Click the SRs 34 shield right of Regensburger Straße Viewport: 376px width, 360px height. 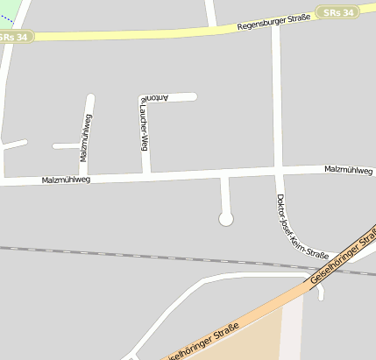click(x=338, y=12)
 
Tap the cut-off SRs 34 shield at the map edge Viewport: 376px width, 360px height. click(x=15, y=37)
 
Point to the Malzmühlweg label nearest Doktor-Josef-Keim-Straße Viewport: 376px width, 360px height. click(x=349, y=169)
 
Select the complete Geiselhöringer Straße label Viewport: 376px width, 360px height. click(x=342, y=258)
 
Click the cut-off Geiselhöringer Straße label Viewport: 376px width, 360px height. click(x=201, y=344)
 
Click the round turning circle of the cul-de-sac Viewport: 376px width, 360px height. click(x=226, y=218)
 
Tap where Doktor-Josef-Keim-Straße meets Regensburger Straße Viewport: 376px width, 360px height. click(x=275, y=26)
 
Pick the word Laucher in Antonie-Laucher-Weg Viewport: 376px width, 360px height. click(x=140, y=124)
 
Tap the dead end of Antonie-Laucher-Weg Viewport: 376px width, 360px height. click(x=194, y=96)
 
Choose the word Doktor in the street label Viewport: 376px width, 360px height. click(x=281, y=205)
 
